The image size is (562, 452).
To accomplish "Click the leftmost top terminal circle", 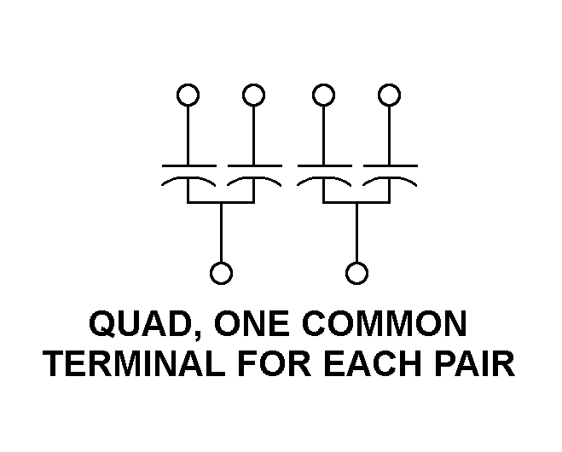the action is point(188,84).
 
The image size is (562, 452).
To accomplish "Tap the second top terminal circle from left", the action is point(253,84).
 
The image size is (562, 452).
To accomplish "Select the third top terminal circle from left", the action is point(323,84).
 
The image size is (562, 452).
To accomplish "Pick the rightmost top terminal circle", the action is point(389,84).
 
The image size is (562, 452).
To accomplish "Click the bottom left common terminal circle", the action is point(221,264).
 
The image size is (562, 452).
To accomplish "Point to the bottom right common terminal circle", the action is point(356,264).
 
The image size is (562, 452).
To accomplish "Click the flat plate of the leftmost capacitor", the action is point(189,166).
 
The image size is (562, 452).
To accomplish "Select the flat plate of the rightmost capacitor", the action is point(391,166).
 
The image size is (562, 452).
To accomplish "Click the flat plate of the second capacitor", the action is point(255,166).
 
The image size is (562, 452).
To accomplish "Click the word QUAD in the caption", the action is point(140,323).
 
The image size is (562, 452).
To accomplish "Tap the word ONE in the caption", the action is point(252,323).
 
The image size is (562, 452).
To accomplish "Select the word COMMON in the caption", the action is point(385,323).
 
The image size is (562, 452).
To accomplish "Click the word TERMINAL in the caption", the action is point(135,363).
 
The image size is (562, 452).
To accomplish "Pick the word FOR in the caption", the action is point(275,363).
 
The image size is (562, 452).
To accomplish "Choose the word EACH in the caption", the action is point(372,363).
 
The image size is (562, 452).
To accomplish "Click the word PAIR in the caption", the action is point(474,363).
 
